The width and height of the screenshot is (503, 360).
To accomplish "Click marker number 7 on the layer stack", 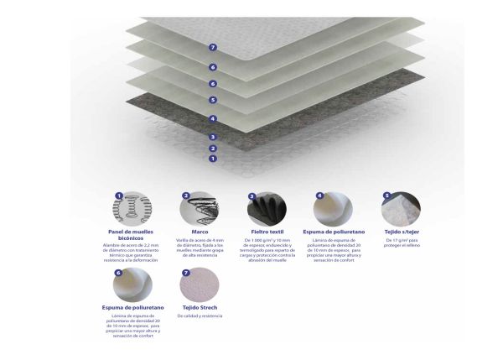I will pyautogui.click(x=214, y=48).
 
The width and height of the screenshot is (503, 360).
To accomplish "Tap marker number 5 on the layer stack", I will pyautogui.click(x=214, y=100).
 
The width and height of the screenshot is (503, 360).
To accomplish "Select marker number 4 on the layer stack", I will pyautogui.click(x=214, y=119).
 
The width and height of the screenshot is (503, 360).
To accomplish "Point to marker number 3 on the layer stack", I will pyautogui.click(x=214, y=136).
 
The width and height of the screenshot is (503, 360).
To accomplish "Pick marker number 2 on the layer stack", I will pyautogui.click(x=214, y=148).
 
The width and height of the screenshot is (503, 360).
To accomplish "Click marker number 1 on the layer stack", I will pyautogui.click(x=214, y=158).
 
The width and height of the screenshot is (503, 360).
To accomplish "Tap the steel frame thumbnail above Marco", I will pyautogui.click(x=199, y=207).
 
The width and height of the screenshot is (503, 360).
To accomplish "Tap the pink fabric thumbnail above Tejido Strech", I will pyautogui.click(x=199, y=284).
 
